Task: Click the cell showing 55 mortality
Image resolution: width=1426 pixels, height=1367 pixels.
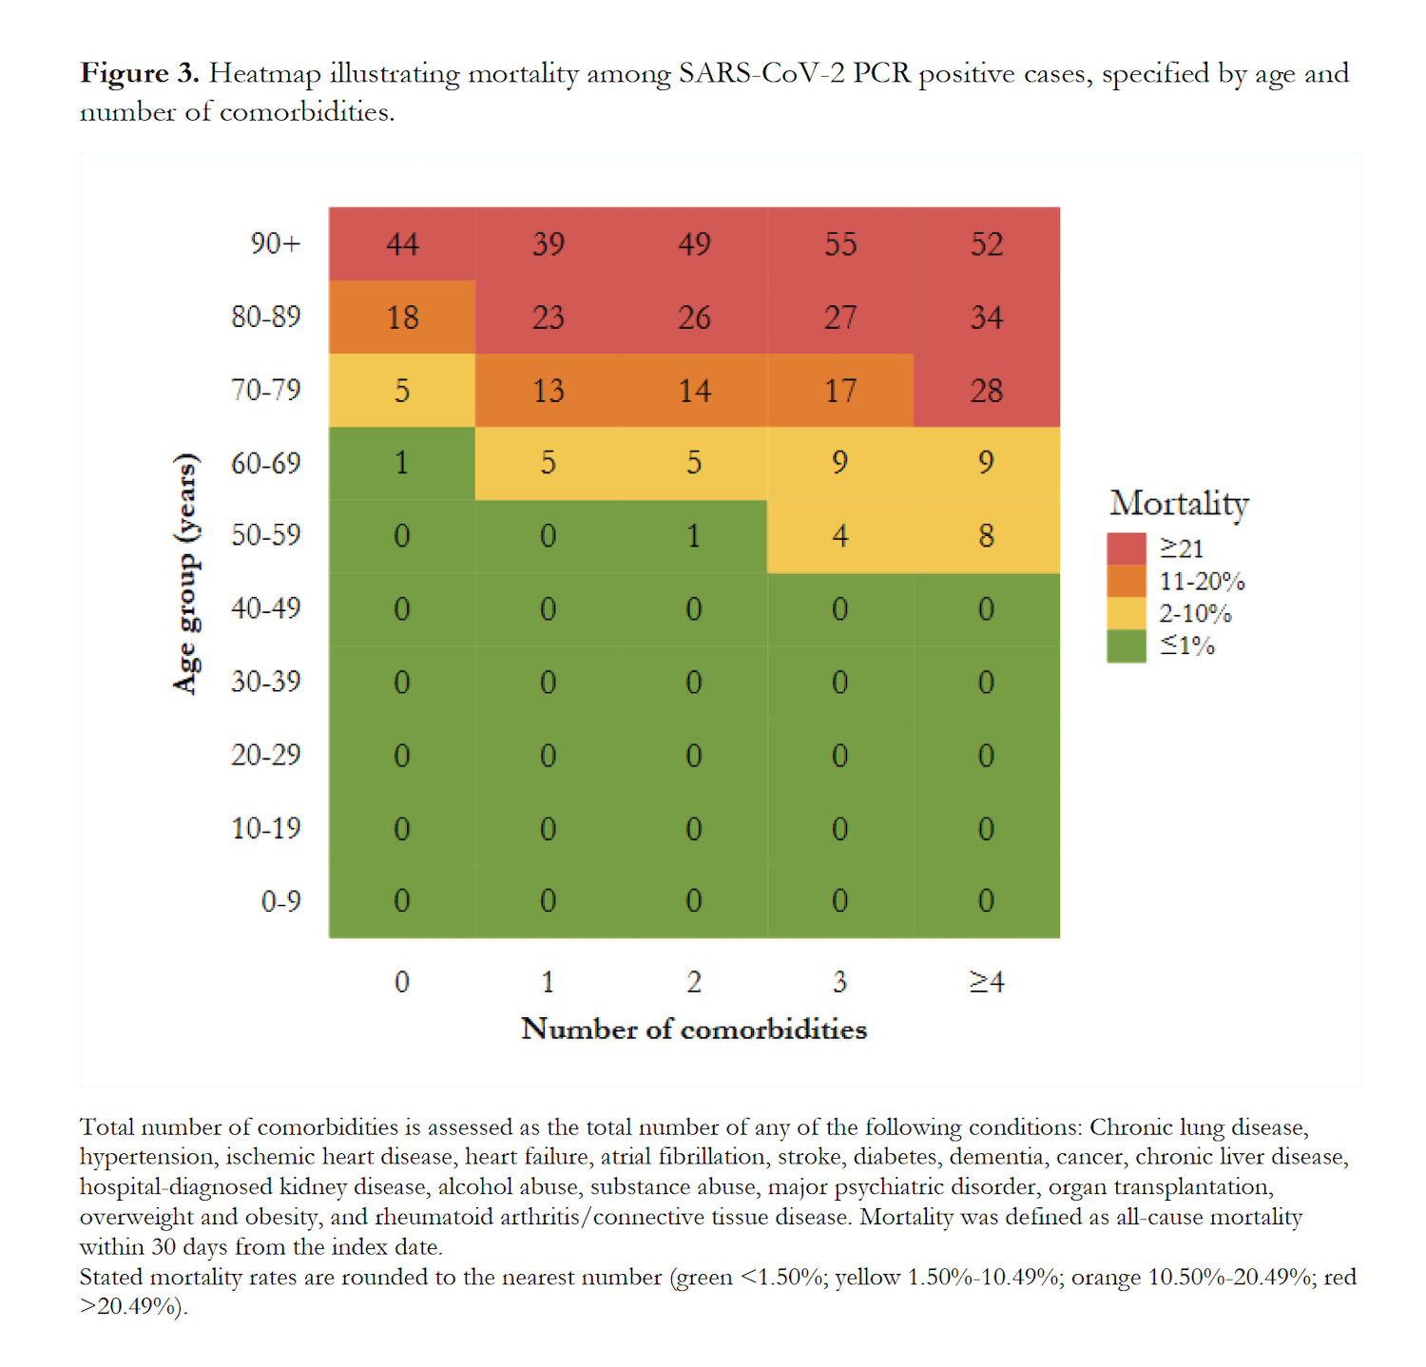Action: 840,244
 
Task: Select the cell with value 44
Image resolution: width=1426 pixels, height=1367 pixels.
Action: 402,244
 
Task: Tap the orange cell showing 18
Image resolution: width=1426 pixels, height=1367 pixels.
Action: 402,318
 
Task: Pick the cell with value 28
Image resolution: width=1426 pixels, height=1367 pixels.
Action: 987,391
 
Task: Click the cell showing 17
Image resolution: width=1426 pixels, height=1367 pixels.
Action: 840,391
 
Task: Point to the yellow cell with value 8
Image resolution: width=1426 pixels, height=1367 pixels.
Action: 987,536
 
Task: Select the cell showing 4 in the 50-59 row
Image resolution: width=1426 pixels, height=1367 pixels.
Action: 840,536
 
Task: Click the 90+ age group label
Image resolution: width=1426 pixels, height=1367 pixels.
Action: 275,244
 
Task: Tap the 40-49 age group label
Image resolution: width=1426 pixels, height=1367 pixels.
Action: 265,608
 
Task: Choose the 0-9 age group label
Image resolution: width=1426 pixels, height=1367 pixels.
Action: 280,900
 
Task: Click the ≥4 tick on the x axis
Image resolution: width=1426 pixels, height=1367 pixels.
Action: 987,982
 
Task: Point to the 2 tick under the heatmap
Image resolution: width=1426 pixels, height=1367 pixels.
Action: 694,982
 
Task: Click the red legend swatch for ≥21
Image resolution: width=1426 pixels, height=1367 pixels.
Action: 1127,549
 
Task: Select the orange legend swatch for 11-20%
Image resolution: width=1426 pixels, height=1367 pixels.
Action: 1127,581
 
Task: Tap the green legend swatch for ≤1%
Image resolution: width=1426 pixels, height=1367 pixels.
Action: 1127,646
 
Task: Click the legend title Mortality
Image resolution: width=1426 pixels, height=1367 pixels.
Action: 1179,504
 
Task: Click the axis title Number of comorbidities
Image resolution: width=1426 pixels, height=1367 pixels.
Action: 694,1030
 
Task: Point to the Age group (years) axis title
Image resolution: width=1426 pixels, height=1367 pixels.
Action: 186,573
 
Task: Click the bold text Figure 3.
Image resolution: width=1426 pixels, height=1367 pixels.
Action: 139,73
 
